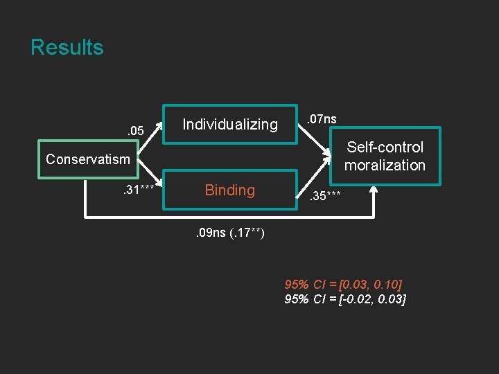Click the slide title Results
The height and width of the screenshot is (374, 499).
pos(67,48)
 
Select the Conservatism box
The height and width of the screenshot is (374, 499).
pos(87,160)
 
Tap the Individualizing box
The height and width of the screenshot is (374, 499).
pos(229,125)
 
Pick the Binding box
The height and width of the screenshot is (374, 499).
pos(229,190)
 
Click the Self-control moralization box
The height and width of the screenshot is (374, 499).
pos(385,156)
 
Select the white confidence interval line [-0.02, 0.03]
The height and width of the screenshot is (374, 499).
pos(345,299)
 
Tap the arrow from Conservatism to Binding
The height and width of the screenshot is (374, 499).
pos(151,184)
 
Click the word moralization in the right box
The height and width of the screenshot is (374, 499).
pos(385,166)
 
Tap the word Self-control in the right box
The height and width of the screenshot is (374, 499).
pos(385,148)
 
